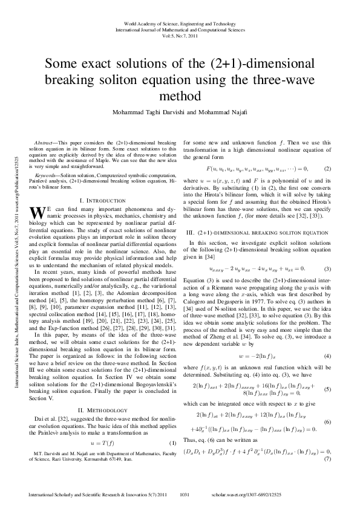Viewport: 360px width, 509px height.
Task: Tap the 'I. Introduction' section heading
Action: click(106, 199)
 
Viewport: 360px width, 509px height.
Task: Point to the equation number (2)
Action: click(327, 167)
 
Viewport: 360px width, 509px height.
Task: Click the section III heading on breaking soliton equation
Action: click(257, 232)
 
